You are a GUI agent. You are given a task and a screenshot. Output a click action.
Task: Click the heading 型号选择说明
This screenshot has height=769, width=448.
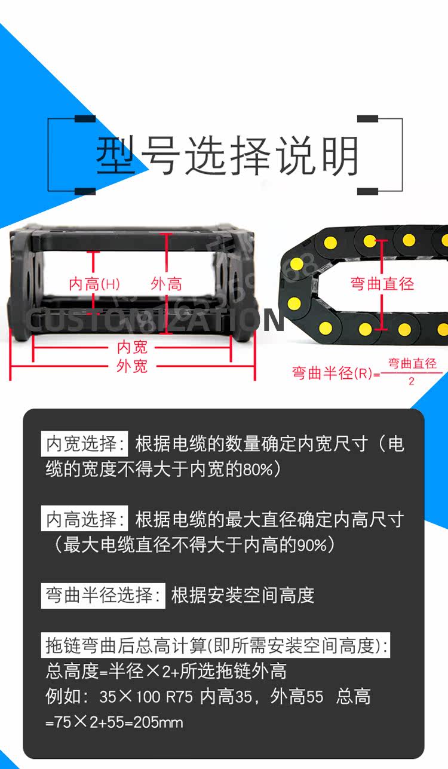pyautogui.click(x=227, y=155)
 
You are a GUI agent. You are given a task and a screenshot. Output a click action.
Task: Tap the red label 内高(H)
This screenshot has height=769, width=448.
pyautogui.click(x=94, y=284)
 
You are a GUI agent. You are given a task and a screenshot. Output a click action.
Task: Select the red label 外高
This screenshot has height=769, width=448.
pyautogui.click(x=167, y=284)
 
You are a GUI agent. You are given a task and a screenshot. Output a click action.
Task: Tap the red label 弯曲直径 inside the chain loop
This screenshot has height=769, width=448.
pyautogui.click(x=382, y=283)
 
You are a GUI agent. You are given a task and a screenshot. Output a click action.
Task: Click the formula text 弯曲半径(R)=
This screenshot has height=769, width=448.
pyautogui.click(x=336, y=373)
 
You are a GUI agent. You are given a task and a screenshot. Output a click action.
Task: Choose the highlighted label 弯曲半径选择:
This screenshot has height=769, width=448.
pyautogui.click(x=103, y=595)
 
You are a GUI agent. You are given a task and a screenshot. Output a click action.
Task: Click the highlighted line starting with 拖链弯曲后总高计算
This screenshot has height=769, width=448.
pyautogui.click(x=217, y=645)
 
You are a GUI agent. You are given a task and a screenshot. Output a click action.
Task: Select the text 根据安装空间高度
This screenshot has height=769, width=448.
pyautogui.click(x=243, y=595)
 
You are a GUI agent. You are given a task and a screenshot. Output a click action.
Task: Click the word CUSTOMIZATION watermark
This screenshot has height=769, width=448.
pyautogui.click(x=155, y=321)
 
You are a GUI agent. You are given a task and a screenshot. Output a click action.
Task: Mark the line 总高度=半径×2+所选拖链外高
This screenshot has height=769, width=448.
pyautogui.click(x=166, y=671)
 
